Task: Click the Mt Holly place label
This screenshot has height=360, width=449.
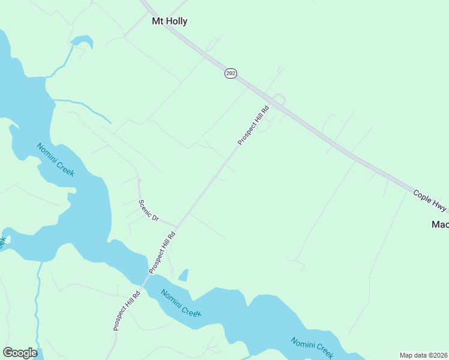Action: (x=169, y=22)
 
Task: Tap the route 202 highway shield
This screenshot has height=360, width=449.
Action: (x=231, y=73)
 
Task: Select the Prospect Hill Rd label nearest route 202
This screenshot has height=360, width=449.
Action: (x=253, y=124)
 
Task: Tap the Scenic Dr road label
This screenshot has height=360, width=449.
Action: (x=148, y=211)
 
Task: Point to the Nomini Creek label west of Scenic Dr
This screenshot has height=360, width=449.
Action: (x=55, y=160)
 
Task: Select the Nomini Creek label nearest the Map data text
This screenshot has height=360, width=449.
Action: (x=312, y=346)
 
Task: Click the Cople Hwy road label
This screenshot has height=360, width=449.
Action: (x=430, y=200)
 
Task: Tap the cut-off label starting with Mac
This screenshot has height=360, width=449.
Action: (x=440, y=224)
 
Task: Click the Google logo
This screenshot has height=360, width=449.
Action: (x=20, y=353)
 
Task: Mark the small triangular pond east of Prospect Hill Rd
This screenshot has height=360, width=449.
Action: (x=184, y=275)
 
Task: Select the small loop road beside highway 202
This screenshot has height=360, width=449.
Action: (x=279, y=99)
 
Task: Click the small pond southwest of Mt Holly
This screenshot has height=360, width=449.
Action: (x=81, y=42)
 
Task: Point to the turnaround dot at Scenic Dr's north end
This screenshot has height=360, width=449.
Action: (x=139, y=179)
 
